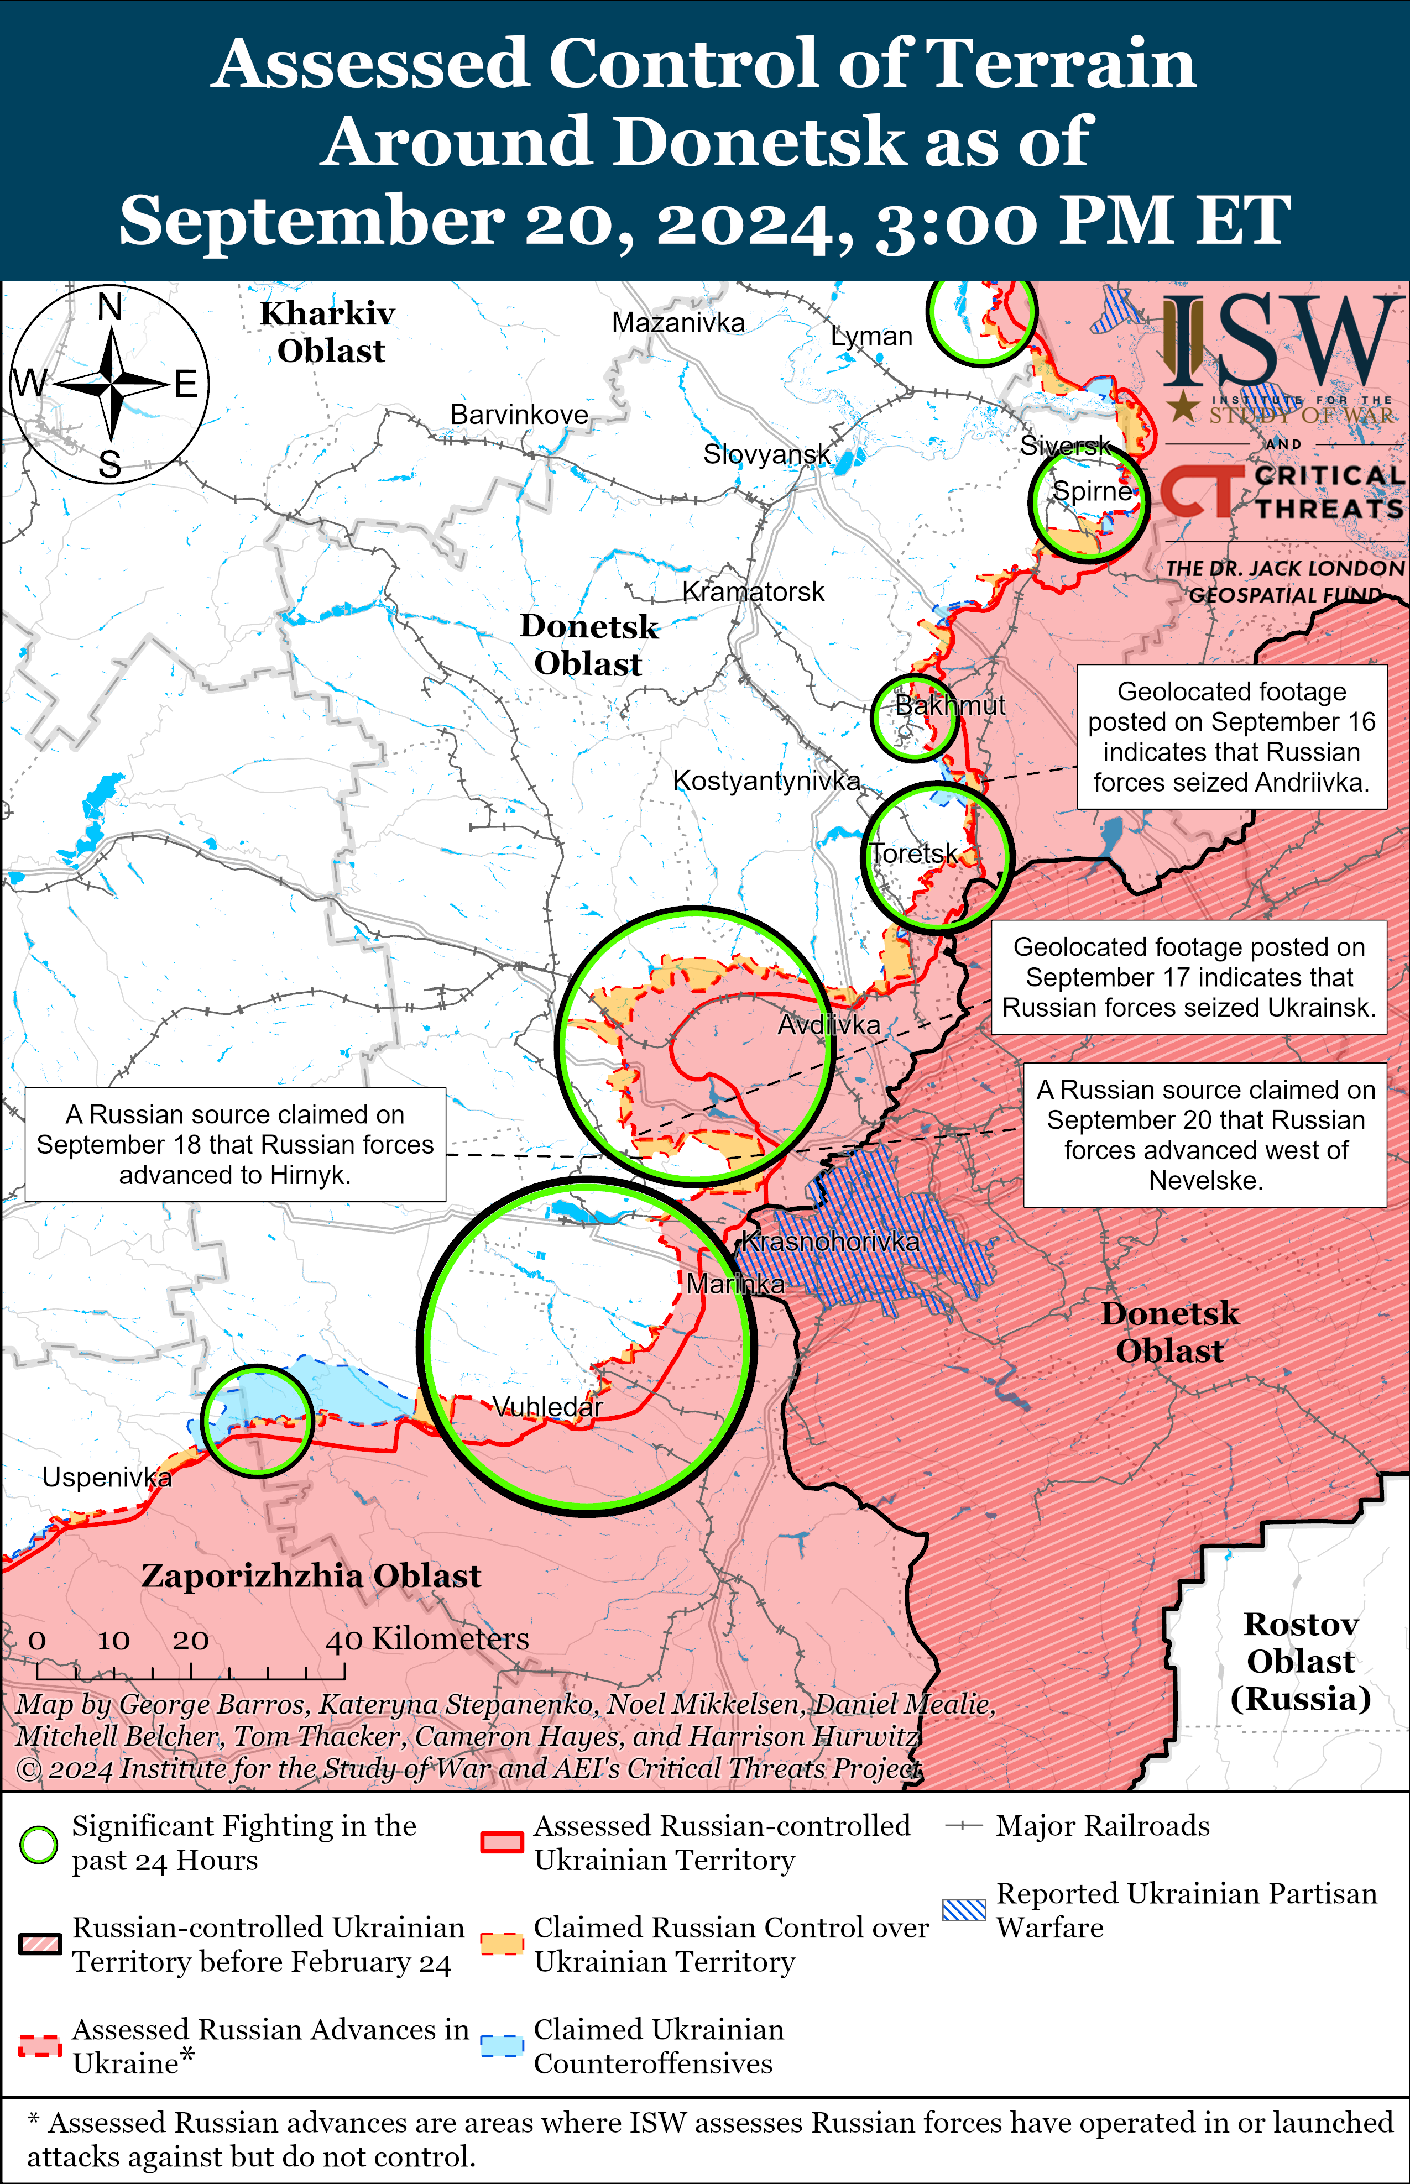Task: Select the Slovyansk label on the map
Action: pos(766,453)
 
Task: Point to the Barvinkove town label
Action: pos(519,415)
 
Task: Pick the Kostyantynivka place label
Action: pos(766,781)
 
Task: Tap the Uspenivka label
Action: pos(107,1478)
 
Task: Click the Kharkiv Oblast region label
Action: pos(328,331)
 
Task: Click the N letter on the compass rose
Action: pos(110,307)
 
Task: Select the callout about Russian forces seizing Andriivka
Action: pos(1231,737)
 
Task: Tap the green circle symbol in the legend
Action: pos(39,1845)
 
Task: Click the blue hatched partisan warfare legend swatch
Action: pos(964,1910)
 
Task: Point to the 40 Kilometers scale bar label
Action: pos(427,1638)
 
